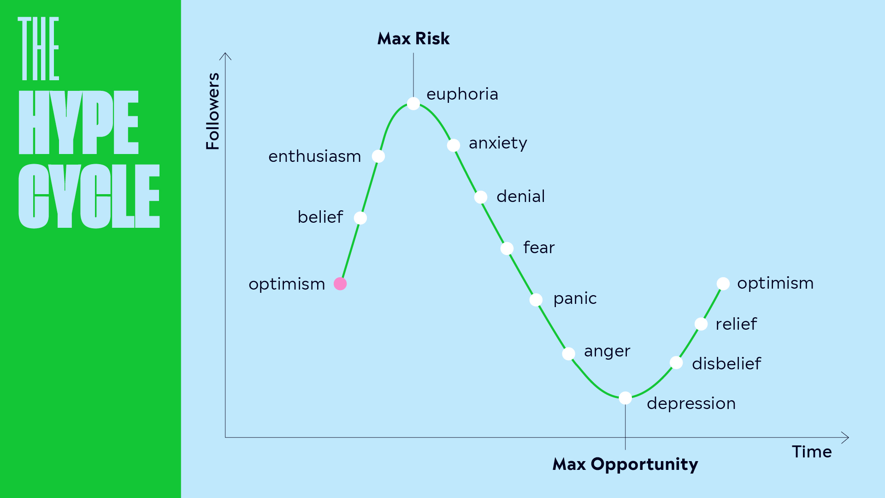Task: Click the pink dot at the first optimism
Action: click(x=340, y=284)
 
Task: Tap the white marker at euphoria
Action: click(x=413, y=103)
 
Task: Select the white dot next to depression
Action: click(x=625, y=397)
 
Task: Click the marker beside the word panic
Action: click(x=536, y=300)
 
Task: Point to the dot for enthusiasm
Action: click(x=378, y=156)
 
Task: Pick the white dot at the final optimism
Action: click(x=723, y=284)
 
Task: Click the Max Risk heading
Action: click(x=413, y=39)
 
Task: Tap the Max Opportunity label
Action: click(x=625, y=464)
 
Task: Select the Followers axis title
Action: click(x=213, y=111)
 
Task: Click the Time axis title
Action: click(x=812, y=452)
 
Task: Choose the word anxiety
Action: click(x=498, y=143)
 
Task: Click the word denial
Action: click(x=520, y=196)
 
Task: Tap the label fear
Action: click(x=539, y=248)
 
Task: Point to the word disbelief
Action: click(x=726, y=363)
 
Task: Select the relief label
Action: click(x=736, y=324)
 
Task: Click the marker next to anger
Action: click(x=568, y=354)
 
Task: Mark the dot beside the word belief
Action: click(x=360, y=218)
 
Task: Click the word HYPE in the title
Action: click(x=78, y=123)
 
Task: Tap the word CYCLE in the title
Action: click(x=89, y=196)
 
